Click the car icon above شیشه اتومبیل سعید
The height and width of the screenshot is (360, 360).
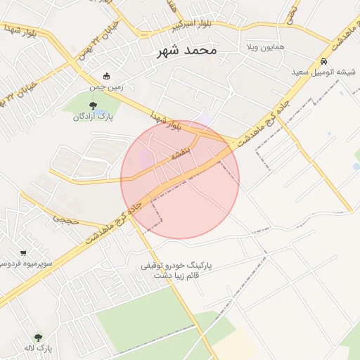pos(323,60)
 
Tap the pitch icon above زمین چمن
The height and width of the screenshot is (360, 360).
pos(106,76)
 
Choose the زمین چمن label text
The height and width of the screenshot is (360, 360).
pos(106,87)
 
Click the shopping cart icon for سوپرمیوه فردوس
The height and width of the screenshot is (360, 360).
pos(23,252)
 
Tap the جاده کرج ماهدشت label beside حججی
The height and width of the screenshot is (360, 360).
pos(112,221)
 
